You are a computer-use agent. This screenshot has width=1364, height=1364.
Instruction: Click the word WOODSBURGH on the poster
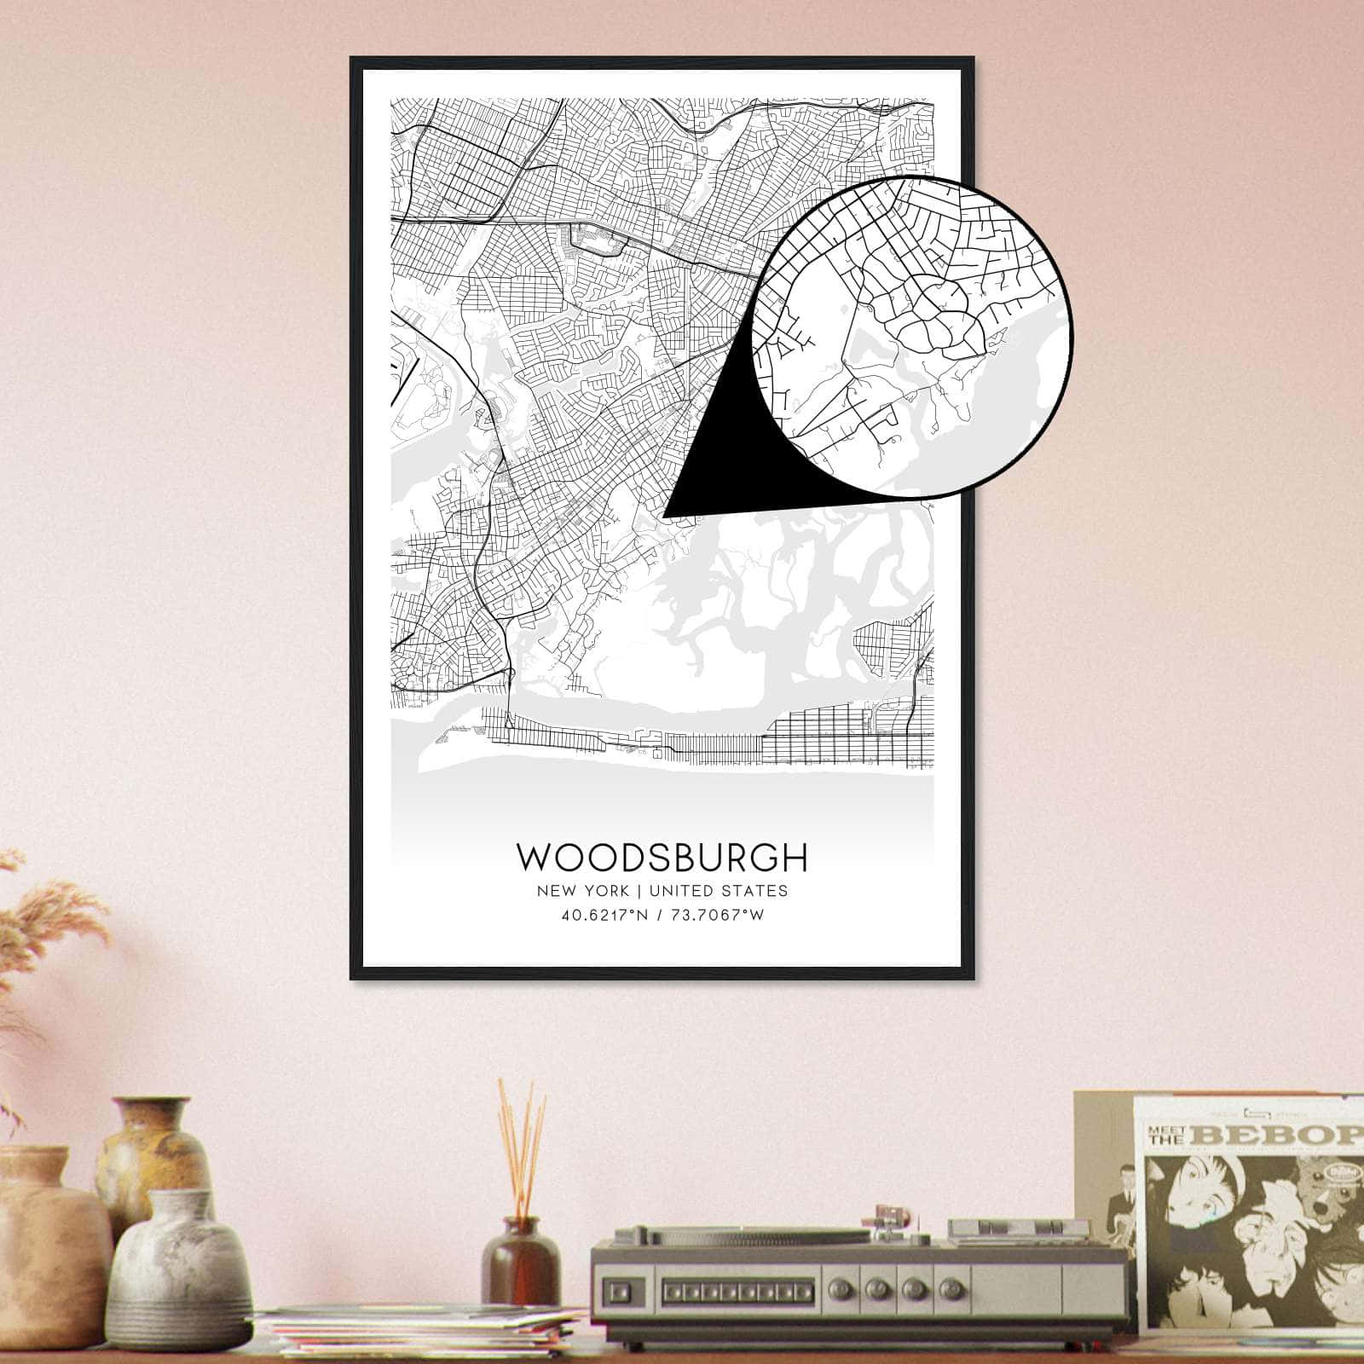point(662,858)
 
